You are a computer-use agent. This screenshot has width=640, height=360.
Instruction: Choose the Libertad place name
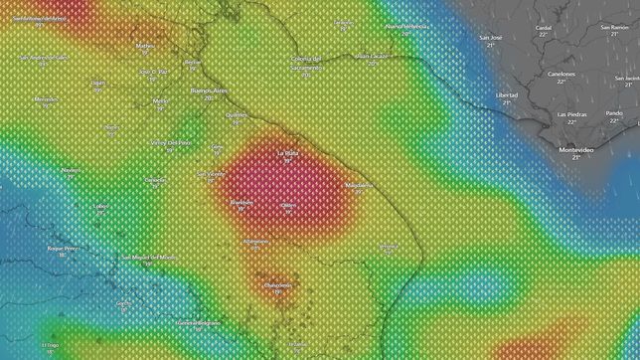tap(507, 94)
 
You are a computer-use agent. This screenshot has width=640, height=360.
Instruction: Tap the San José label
tap(491, 38)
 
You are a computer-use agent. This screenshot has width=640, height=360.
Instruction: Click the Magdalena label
tap(359, 185)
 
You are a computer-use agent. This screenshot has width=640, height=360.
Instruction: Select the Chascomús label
tap(277, 284)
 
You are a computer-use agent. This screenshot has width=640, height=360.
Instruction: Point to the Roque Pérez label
tap(63, 248)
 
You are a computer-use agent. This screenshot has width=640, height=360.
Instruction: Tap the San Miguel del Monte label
tap(150, 258)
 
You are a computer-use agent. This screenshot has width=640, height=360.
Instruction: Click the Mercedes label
tap(46, 99)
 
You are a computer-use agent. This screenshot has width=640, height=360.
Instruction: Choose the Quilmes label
tap(237, 114)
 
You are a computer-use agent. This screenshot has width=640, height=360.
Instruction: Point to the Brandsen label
tap(241, 202)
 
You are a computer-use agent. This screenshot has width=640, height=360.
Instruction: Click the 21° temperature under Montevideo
tap(575, 157)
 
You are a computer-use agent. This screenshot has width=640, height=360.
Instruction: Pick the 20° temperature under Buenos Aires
tap(209, 98)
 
